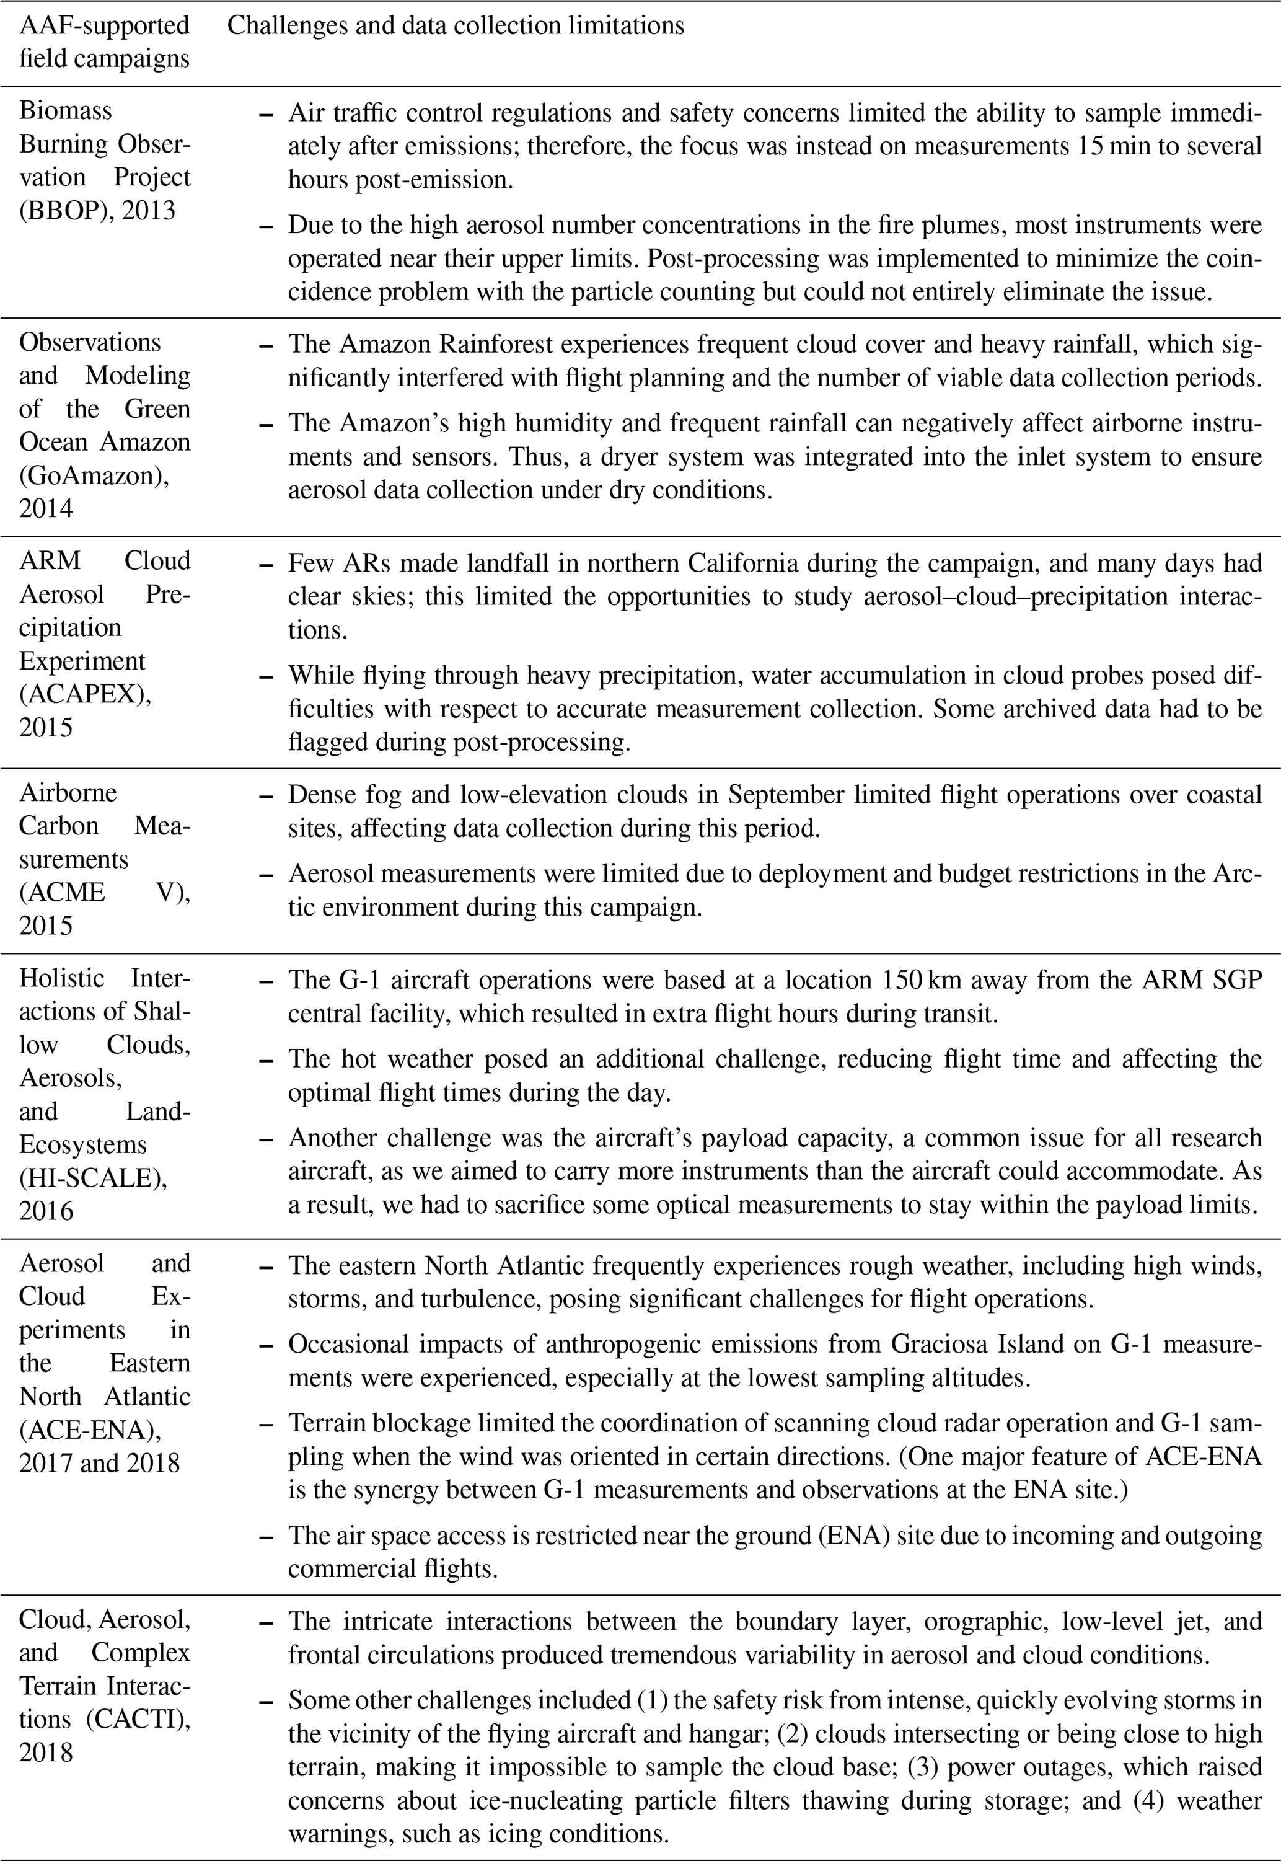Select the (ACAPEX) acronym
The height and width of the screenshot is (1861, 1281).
pyautogui.click(x=84, y=694)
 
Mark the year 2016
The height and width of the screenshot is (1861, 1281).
pyautogui.click(x=46, y=1210)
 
